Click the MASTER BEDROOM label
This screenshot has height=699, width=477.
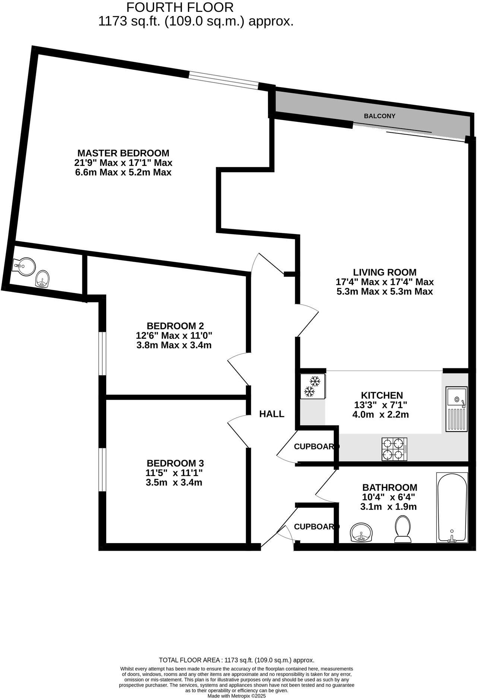coord(123,153)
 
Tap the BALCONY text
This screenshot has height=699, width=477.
coord(379,116)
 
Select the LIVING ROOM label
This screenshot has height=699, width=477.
coord(385,272)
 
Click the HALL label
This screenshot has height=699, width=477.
coord(272,413)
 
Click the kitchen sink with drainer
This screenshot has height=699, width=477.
coord(456,409)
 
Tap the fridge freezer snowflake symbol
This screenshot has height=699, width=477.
coord(312,386)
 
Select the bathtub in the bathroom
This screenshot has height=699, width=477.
coord(452,508)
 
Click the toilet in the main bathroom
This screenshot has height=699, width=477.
coord(402,529)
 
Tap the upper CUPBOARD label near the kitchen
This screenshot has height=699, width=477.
coord(316,446)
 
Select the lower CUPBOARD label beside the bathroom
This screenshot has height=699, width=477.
coord(316,526)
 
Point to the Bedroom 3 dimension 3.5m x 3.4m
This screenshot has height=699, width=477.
coord(174,483)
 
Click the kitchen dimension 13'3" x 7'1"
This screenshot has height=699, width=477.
coord(380,405)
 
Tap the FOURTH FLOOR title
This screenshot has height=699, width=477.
coord(180,7)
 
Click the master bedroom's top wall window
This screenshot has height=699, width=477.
coord(223,80)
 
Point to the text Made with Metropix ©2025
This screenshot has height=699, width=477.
coord(237,696)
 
